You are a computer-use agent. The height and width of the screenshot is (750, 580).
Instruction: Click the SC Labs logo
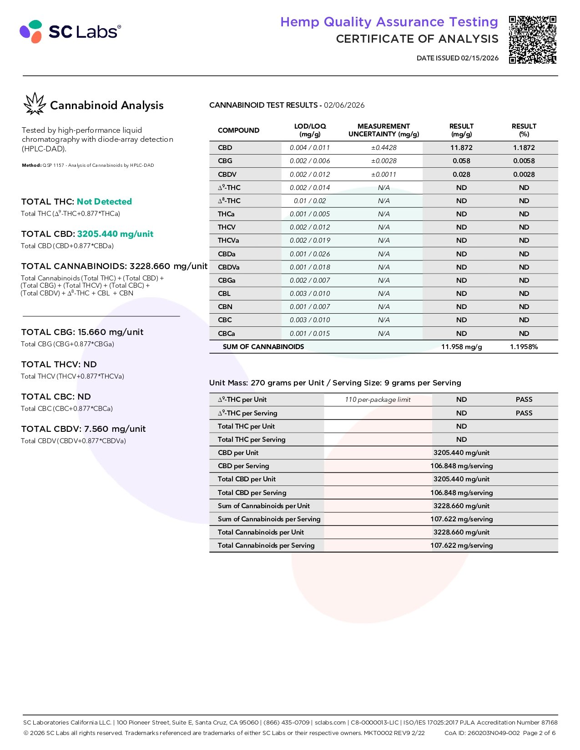pyautogui.click(x=71, y=31)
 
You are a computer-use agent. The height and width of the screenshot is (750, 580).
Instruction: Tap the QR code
pyautogui.click(x=532, y=40)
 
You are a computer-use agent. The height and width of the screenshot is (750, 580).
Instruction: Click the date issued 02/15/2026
pyautogui.click(x=457, y=58)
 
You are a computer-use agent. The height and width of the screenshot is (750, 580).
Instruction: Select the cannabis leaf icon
pyautogui.click(x=35, y=104)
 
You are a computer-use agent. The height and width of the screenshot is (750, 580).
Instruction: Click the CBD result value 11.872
pyautogui.click(x=461, y=148)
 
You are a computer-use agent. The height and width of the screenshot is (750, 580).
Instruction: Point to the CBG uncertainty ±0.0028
pyautogui.click(x=383, y=161)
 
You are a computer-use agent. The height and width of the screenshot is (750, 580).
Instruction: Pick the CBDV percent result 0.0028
pyautogui.click(x=524, y=174)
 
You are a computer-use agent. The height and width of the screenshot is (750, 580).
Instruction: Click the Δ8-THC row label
pyautogui.click(x=229, y=201)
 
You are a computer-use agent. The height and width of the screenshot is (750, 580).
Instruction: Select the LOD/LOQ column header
pyautogui.click(x=310, y=130)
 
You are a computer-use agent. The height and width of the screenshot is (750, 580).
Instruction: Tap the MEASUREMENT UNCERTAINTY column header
pyautogui.click(x=383, y=130)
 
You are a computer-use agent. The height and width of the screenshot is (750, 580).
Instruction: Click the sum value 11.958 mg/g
pyautogui.click(x=461, y=347)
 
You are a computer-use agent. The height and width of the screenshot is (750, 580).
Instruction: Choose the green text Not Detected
pyautogui.click(x=104, y=201)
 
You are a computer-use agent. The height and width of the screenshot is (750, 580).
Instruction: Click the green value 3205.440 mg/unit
pyautogui.click(x=115, y=234)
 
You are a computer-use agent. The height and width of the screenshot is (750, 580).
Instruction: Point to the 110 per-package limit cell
pyautogui.click(x=378, y=400)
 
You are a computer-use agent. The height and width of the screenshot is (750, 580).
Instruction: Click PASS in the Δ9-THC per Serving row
pyautogui.click(x=524, y=413)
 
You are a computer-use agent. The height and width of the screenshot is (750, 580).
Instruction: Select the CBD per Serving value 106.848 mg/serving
pyautogui.click(x=461, y=466)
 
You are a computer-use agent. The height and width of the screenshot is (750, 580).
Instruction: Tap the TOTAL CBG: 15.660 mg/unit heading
pyautogui.click(x=82, y=332)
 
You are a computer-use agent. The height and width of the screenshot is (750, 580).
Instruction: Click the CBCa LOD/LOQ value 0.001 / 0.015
pyautogui.click(x=310, y=334)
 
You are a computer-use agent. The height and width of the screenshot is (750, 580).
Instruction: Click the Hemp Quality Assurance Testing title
pyautogui.click(x=389, y=22)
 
